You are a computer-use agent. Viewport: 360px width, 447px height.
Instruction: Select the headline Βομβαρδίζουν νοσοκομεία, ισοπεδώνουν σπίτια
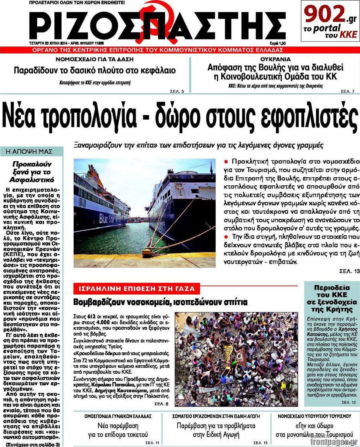coord(160,302)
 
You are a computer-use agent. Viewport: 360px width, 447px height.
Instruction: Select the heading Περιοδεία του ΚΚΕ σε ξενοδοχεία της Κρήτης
coord(332,298)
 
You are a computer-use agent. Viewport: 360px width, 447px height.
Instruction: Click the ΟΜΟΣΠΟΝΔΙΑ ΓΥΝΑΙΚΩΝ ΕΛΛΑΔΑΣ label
coord(118,416)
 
